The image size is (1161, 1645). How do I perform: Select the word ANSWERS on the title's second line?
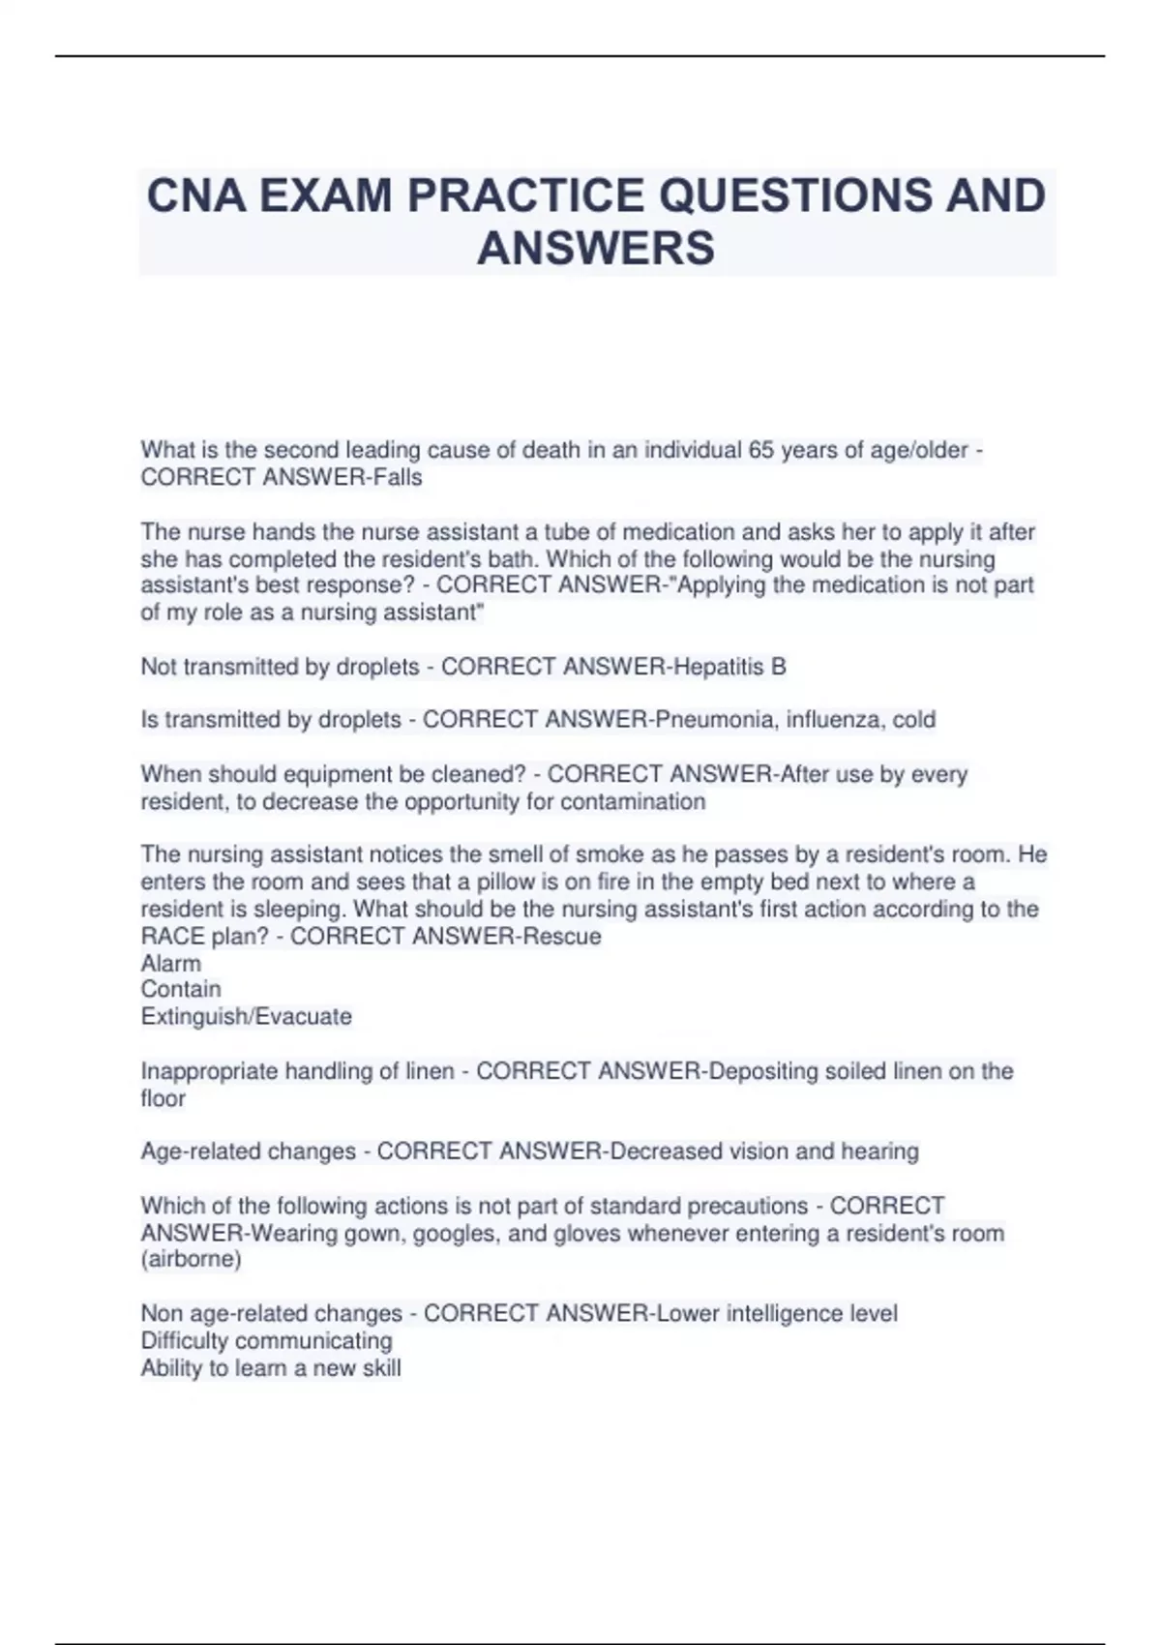point(596,248)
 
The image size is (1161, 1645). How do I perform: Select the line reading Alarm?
point(171,963)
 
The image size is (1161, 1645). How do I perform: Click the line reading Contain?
point(181,989)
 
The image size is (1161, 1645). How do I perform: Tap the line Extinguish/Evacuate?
point(247,1016)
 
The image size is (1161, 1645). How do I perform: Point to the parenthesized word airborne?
point(192,1259)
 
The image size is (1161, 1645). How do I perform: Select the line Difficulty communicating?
point(267,1340)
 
